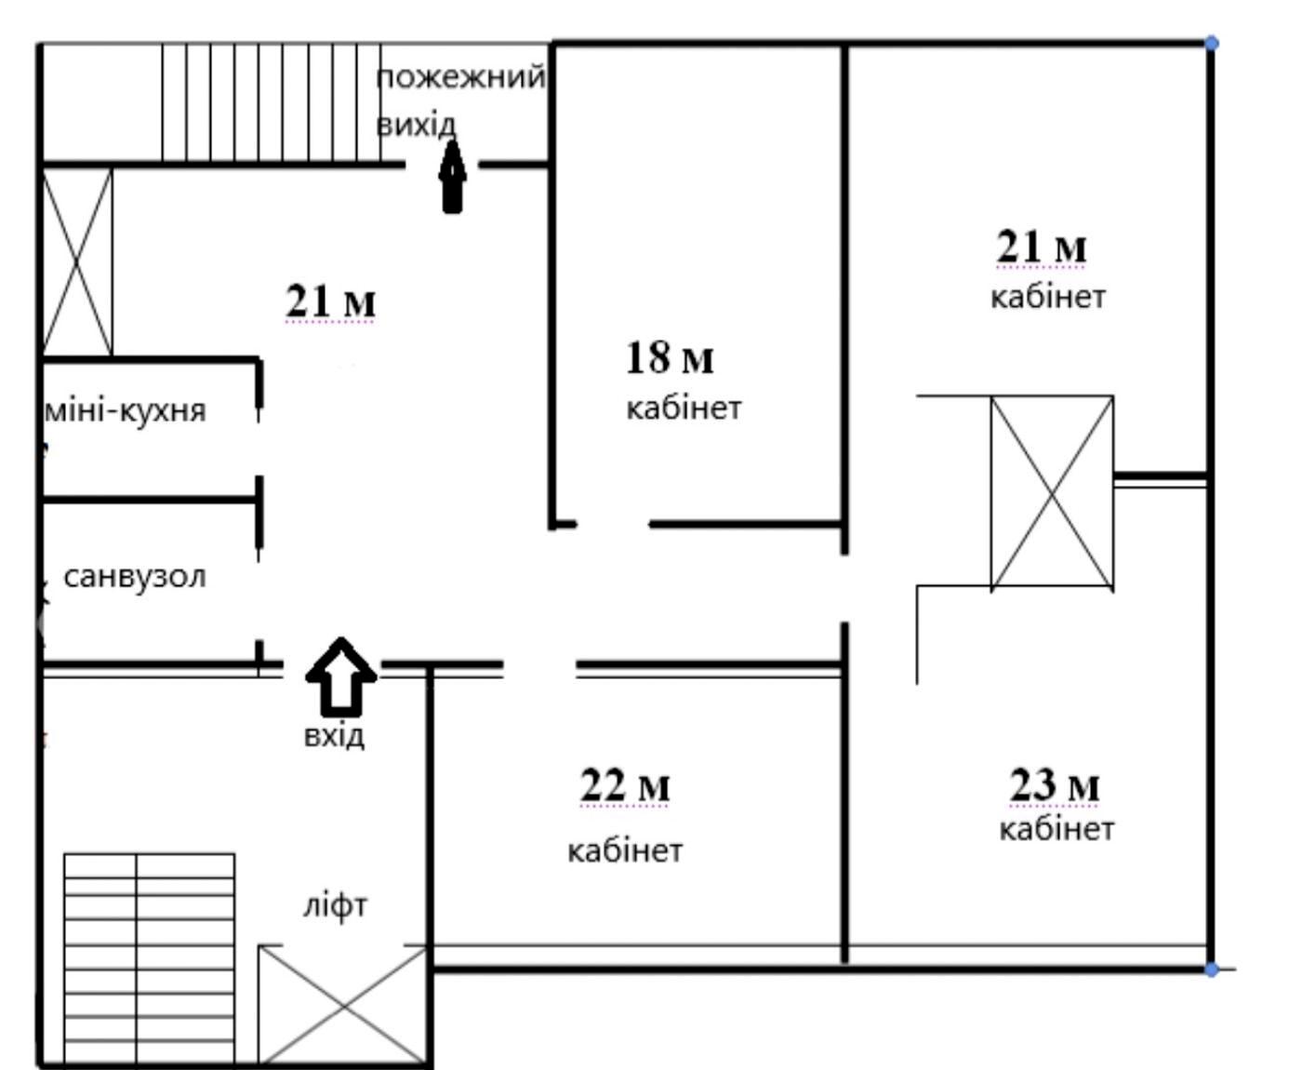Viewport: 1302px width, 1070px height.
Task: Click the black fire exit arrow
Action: point(453,178)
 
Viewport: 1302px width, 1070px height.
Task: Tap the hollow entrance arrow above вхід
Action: point(340,675)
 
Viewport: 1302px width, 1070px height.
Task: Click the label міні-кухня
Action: point(126,411)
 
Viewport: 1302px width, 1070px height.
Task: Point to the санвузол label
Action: point(135,577)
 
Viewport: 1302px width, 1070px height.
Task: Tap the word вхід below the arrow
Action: point(334,736)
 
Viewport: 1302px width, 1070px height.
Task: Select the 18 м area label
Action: point(670,358)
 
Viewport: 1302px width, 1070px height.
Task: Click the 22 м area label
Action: point(625,786)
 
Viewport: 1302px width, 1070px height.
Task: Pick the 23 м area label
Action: point(1055,786)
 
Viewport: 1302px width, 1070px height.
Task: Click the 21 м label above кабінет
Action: point(1042,247)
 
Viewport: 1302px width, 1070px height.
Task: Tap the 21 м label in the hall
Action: point(330,302)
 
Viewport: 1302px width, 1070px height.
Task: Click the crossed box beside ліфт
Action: point(342,1007)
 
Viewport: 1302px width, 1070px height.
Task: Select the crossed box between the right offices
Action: point(1052,492)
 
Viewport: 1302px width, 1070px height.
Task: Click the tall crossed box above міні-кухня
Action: point(77,262)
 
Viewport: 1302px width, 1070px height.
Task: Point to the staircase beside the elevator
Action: point(150,959)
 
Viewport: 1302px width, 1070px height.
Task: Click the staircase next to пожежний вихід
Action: point(272,102)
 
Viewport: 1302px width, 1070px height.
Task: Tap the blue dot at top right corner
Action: point(1211,43)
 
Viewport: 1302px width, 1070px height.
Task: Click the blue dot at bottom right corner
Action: point(1211,970)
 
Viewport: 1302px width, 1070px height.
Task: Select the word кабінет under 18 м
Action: point(684,408)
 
